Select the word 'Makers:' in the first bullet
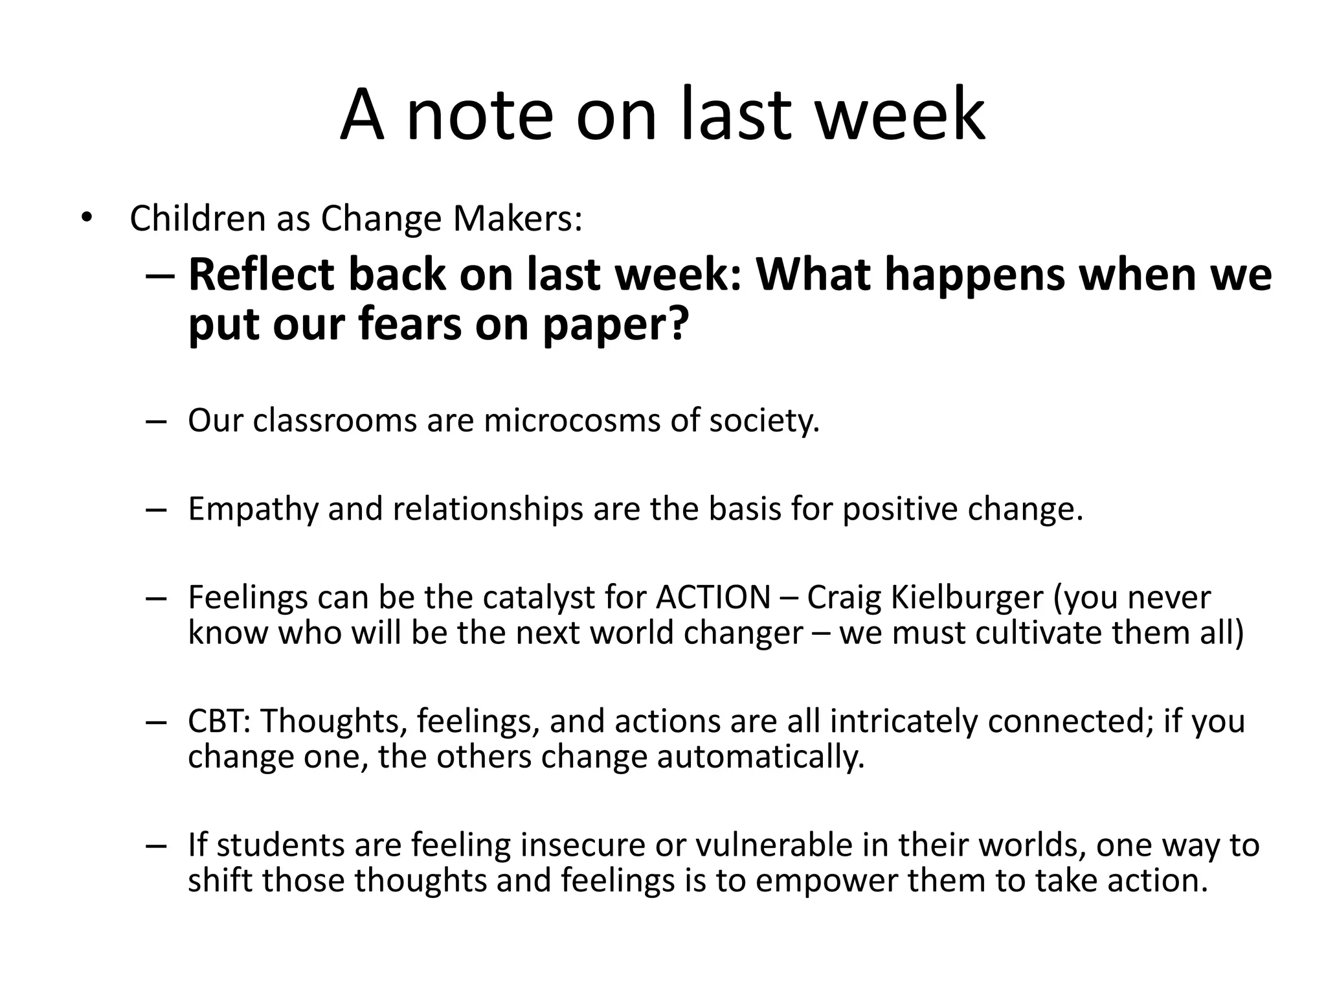point(517,219)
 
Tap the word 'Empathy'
point(253,510)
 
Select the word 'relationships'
point(488,510)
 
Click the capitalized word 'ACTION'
point(713,597)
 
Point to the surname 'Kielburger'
point(967,597)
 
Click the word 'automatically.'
point(761,757)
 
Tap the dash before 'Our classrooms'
point(157,422)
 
